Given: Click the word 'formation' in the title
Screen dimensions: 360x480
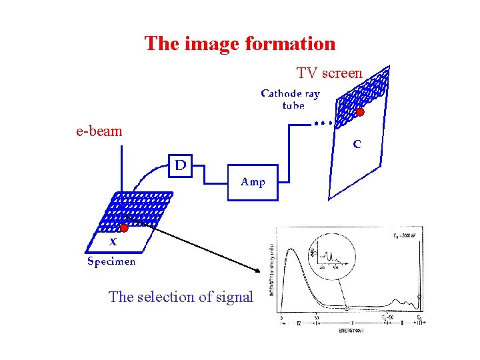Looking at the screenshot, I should click(290, 44).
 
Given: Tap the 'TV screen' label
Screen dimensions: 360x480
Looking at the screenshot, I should click(329, 73).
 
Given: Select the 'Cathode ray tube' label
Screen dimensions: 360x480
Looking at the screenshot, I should click(290, 99).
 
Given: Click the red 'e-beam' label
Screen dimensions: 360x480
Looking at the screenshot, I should click(99, 131).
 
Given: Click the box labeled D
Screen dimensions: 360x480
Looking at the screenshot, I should click(180, 165).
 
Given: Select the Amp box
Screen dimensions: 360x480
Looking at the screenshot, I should click(253, 181).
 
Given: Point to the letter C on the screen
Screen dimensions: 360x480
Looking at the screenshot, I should click(357, 143).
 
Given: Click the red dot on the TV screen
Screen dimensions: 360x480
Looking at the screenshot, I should click(360, 112).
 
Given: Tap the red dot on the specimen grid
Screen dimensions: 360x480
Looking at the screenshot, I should click(123, 228).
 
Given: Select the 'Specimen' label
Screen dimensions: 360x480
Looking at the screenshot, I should click(111, 261).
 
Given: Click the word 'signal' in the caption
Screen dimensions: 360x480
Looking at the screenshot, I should click(235, 297).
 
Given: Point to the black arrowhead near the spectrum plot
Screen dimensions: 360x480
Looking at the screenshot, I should click(259, 269).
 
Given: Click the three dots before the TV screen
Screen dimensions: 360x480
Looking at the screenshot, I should click(323, 123).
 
